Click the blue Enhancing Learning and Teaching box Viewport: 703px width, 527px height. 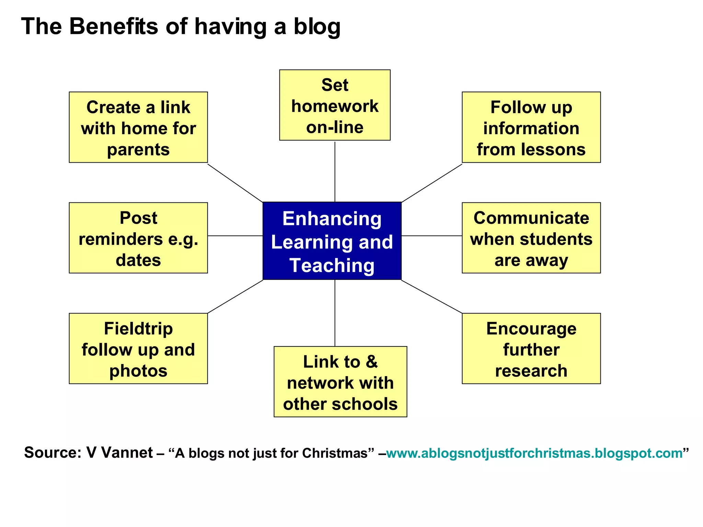332,241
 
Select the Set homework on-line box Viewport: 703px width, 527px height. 335,105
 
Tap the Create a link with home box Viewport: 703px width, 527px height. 138,127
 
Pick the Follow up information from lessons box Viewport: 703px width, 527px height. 531,127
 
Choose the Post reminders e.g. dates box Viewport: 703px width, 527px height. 138,238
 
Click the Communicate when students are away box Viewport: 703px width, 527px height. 531,238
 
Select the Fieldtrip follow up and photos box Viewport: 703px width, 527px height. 138,348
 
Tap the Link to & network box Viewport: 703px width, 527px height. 340,382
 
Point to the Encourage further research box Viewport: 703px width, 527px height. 531,348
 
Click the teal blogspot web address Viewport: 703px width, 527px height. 534,453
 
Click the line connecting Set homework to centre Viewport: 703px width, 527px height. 335,172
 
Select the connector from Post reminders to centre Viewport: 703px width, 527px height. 235,236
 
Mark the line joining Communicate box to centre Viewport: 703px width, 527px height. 431,236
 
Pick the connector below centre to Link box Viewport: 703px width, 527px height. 335,313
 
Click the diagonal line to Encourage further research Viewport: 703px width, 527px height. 431,297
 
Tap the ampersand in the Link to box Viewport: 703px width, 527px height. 372,362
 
